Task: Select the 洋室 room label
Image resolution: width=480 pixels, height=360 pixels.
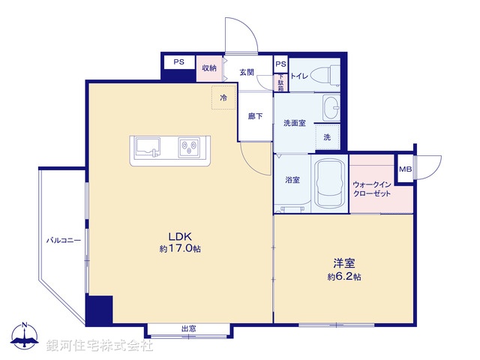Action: tap(344, 263)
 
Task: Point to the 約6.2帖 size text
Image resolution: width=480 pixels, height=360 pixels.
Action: tap(344, 277)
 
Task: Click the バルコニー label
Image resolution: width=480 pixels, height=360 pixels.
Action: tap(63, 241)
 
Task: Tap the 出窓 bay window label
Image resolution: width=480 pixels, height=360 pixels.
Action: tap(189, 328)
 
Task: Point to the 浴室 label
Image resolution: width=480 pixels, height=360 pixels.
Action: tap(292, 181)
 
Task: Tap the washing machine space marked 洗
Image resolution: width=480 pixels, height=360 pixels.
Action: tap(327, 137)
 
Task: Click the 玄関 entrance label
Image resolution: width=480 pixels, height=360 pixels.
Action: tap(247, 72)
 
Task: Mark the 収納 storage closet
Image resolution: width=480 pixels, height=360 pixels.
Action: tap(209, 68)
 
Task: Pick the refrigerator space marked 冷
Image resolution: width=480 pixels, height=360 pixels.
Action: tap(223, 97)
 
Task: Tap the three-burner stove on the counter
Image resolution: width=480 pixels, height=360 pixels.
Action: tap(190, 147)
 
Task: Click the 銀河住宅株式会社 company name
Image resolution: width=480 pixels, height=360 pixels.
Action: tap(100, 346)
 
